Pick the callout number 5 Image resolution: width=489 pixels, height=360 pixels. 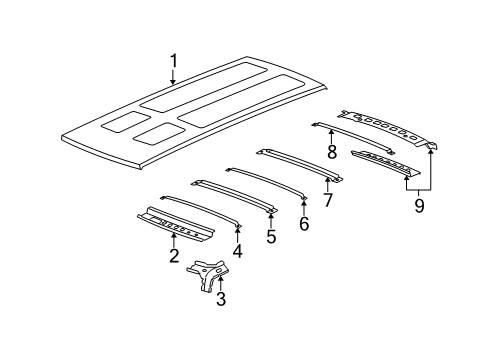(x=270, y=238)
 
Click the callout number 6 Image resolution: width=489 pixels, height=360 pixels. (x=304, y=223)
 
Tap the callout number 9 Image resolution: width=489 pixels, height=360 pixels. (x=418, y=205)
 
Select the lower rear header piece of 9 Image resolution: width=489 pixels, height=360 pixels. (x=385, y=164)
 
